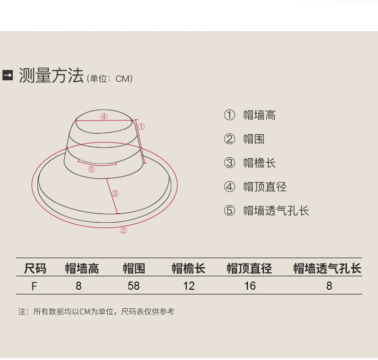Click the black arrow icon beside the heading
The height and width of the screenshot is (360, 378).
click(8, 76)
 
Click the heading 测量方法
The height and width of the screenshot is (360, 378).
click(51, 76)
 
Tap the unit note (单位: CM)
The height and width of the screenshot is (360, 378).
click(110, 78)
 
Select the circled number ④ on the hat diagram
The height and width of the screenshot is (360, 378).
click(104, 116)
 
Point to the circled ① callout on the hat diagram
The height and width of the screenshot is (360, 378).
click(142, 126)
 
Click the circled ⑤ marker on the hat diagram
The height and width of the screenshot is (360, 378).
click(91, 169)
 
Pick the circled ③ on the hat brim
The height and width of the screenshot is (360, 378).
click(115, 194)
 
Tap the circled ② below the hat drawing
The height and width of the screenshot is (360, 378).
click(123, 230)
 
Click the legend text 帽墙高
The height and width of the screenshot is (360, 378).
click(259, 115)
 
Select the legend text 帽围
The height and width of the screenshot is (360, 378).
click(254, 139)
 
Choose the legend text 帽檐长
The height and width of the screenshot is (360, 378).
click(259, 163)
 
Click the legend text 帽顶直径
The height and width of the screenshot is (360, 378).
click(265, 187)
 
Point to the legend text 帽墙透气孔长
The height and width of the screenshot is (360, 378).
click(276, 211)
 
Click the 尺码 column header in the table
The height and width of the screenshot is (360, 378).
click(35, 269)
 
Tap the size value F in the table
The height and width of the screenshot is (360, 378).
click(34, 286)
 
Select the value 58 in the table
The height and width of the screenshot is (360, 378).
click(133, 286)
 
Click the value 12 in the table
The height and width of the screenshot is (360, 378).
click(189, 286)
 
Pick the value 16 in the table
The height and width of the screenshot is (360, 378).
click(250, 286)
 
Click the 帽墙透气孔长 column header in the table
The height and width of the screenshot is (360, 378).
click(327, 269)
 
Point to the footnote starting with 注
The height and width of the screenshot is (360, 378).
click(96, 312)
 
